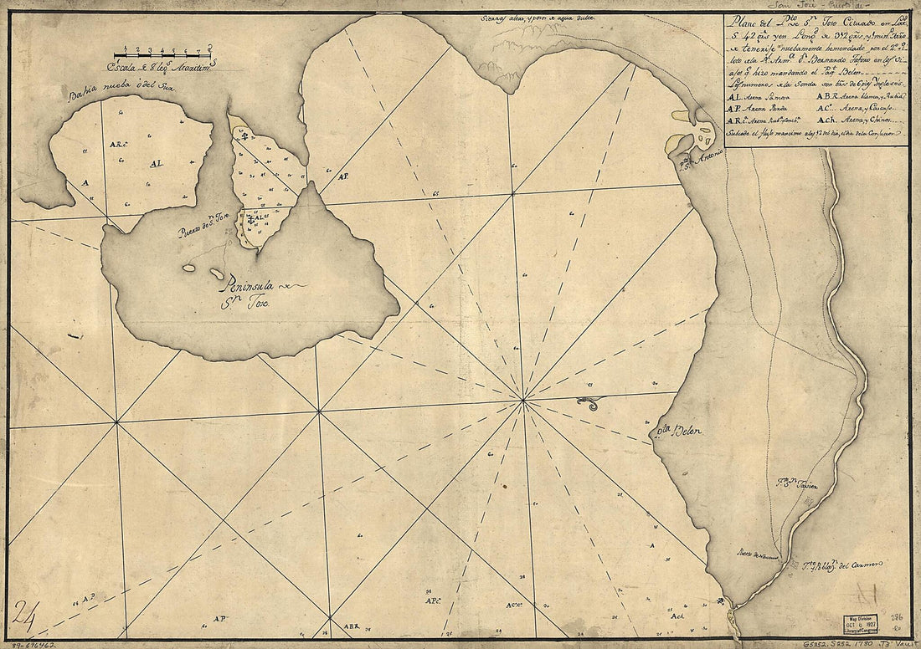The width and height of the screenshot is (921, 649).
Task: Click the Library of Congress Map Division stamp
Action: [x=866, y=624]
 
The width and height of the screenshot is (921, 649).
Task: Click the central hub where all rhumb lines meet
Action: [x=522, y=400]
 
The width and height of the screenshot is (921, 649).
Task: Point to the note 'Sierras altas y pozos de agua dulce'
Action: [x=536, y=18]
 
